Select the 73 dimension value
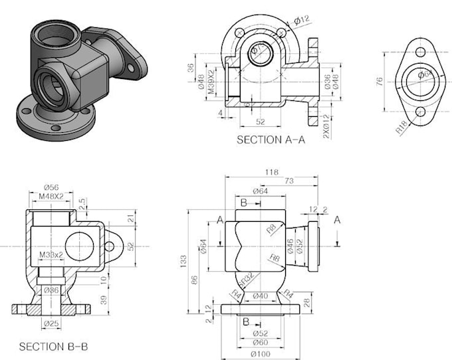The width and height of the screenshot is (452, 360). pos(289,181)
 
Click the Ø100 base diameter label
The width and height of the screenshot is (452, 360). pos(261,352)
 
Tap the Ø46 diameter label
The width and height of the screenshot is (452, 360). pos(290,246)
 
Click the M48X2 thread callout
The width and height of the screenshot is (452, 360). pos(51,197)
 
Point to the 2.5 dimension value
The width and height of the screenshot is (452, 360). pos(82,201)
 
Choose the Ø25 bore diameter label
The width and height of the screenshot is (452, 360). pos(51,323)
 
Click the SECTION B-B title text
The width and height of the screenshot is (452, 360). pos(53,346)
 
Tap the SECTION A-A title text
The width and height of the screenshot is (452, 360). pos(271,139)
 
